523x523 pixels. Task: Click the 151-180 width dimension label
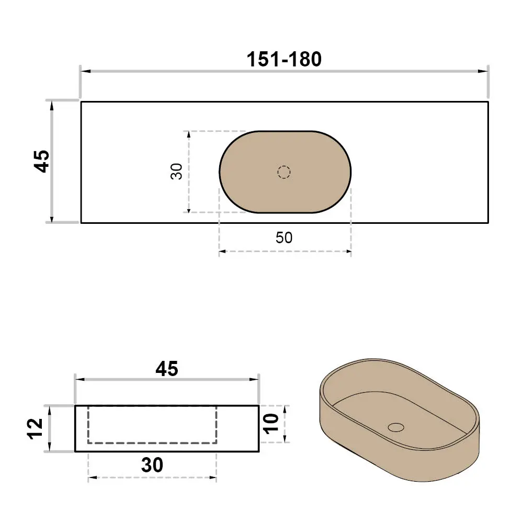point(284,60)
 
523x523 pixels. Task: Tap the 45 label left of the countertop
point(42,162)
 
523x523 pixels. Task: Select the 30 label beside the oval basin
point(176,172)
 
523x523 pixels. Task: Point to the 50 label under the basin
point(284,238)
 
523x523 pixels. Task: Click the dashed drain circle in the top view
point(284,172)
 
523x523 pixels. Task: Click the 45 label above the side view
point(167,369)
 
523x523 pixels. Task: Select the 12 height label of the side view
point(35,429)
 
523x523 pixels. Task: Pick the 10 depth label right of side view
point(271,424)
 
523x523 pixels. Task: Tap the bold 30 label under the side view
point(152,465)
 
